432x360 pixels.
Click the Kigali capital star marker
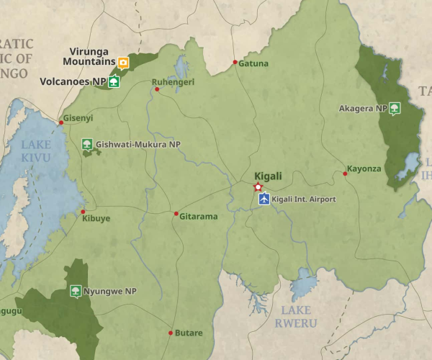click(258, 187)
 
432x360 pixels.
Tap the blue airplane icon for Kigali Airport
click(264, 199)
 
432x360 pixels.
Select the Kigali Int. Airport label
click(304, 199)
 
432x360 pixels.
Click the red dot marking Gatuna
click(235, 63)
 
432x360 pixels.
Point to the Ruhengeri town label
click(174, 82)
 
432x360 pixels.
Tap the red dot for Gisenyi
click(61, 122)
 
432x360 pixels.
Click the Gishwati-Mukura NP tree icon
click(87, 145)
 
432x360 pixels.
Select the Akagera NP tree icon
click(394, 109)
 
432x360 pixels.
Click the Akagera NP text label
click(362, 109)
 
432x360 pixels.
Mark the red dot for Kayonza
click(345, 174)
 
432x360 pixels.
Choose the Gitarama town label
click(198, 216)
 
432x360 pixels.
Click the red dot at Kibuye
click(83, 212)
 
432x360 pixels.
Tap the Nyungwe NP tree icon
click(75, 291)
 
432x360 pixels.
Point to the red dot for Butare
click(171, 333)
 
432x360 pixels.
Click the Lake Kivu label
click(36, 150)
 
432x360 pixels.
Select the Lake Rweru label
click(296, 317)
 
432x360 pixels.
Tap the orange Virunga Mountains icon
click(123, 63)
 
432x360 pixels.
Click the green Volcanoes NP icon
click(114, 82)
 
